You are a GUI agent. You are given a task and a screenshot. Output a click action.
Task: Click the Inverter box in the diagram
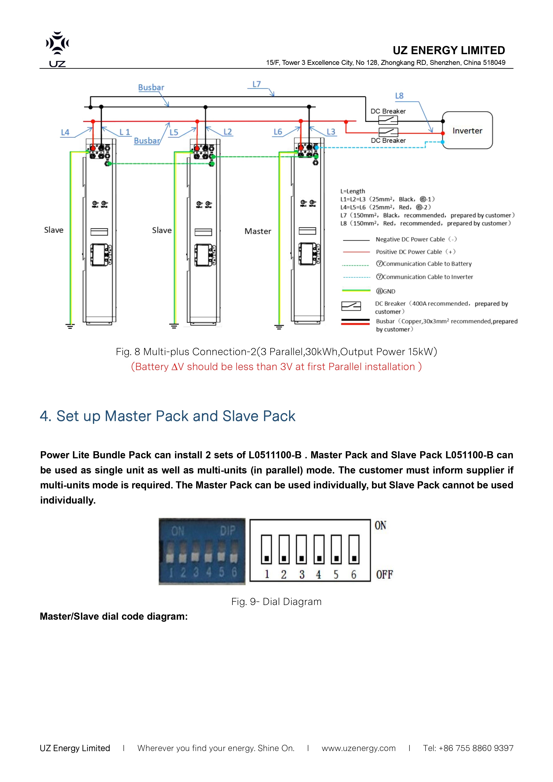tap(467, 130)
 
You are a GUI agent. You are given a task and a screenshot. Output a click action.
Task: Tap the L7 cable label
tap(256, 84)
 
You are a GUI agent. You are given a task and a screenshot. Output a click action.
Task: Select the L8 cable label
tap(399, 96)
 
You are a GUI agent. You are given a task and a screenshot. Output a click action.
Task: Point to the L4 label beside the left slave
tap(65, 132)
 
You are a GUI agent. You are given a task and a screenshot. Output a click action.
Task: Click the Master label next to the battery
tap(258, 231)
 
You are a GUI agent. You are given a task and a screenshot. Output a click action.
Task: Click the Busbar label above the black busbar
tap(151, 88)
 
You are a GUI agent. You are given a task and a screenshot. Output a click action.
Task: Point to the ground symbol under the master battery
tap(279, 327)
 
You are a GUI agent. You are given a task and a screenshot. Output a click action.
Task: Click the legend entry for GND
tap(385, 291)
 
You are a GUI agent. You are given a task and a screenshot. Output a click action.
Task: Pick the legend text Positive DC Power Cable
tap(415, 252)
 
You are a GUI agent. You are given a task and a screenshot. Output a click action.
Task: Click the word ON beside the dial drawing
tap(380, 526)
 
